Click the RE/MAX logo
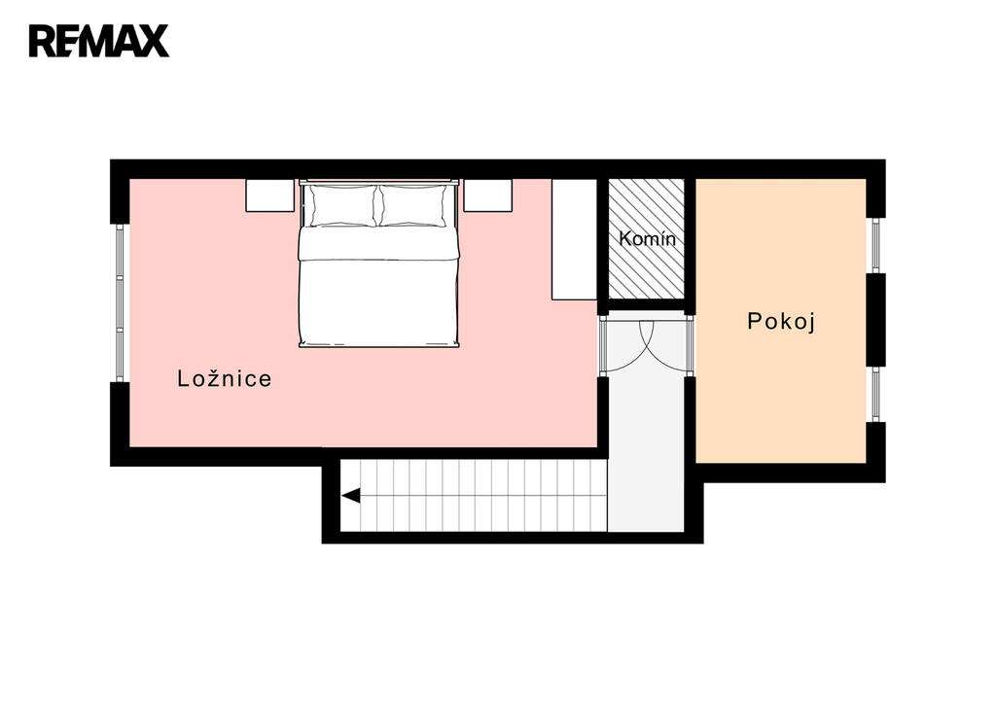[98, 41]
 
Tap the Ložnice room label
[225, 378]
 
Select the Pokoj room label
[781, 321]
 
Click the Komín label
[647, 239]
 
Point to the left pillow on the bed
[343, 205]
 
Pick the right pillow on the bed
[412, 205]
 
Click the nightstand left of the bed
[270, 195]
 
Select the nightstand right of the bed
[488, 195]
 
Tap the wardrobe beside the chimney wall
[574, 239]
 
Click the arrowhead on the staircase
[350, 495]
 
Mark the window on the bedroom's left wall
[120, 303]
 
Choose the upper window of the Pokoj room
[876, 245]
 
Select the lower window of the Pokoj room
[876, 395]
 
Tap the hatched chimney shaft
[647, 239]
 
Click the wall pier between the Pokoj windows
[876, 320]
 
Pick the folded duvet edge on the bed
[378, 253]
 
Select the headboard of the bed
[378, 182]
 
